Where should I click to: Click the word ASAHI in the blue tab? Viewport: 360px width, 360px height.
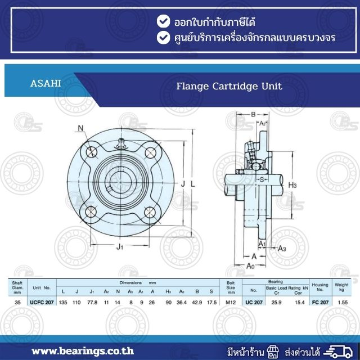coord(46,84)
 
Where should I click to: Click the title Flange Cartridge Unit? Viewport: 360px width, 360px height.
coord(229,87)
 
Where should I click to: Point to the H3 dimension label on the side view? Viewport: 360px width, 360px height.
coord(292,184)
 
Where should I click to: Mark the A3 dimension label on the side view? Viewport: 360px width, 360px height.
coord(282,248)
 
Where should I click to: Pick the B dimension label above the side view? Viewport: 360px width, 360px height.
coord(253,114)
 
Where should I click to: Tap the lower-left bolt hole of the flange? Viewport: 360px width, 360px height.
coord(92,212)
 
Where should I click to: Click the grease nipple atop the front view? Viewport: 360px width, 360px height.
coord(121,145)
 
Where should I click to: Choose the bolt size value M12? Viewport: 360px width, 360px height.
coord(230,302)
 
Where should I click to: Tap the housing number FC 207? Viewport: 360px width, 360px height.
coord(320,302)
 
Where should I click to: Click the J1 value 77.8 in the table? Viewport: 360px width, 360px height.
coord(93,302)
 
